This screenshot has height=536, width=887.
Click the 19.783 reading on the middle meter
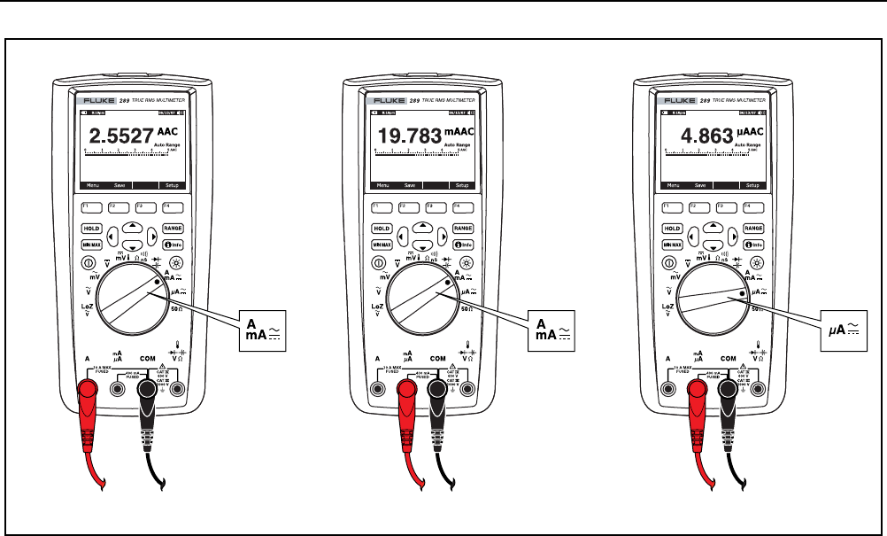point(408,136)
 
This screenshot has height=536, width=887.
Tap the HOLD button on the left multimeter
point(91,228)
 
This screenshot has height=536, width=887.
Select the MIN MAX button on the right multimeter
point(672,244)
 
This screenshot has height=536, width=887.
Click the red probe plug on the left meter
point(90,391)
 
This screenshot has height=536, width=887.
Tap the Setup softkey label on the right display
point(752,185)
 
